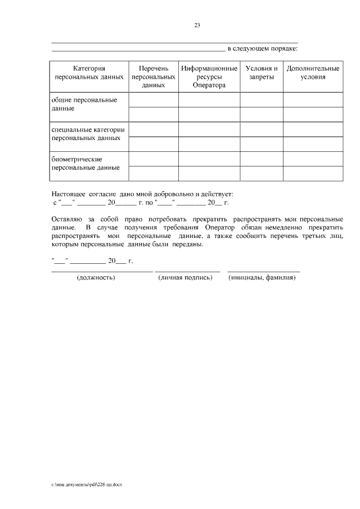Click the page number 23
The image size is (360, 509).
pyautogui.click(x=197, y=25)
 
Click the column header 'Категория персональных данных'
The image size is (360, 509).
pyautogui.click(x=89, y=73)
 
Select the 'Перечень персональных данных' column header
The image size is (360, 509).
pyautogui.click(x=154, y=76)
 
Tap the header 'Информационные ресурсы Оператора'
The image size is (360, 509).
pyautogui.click(x=209, y=76)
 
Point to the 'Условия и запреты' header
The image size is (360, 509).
pyautogui.click(x=262, y=73)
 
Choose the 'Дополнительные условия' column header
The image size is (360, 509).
pyautogui.click(x=313, y=73)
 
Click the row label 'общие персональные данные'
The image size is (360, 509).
pyautogui.click(x=84, y=104)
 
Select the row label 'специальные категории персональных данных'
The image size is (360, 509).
pyautogui.click(x=88, y=133)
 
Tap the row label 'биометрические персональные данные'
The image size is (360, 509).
pyautogui.click(x=85, y=163)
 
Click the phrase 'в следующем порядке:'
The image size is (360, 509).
pyautogui.click(x=262, y=48)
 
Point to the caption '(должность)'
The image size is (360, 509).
pyautogui.click(x=96, y=278)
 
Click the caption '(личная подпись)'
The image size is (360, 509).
pyautogui.click(x=185, y=278)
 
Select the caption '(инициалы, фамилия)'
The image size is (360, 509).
pyautogui.click(x=262, y=278)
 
